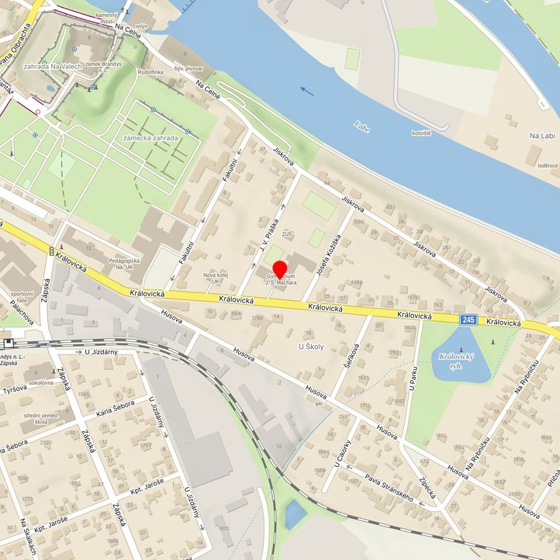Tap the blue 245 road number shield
pos(467,320)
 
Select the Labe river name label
pos(361,125)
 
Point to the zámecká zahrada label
pos(150,138)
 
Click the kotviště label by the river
pos(420,133)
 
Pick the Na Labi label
pos(543,136)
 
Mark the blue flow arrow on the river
pos(308,91)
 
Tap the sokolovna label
pos(43,383)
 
